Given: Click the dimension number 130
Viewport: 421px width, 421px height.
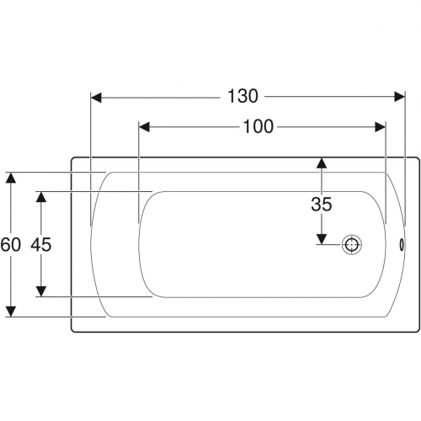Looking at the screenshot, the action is [242, 96].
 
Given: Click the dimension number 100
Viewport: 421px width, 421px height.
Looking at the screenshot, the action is [258, 126].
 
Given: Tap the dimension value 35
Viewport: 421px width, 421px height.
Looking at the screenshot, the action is [322, 204].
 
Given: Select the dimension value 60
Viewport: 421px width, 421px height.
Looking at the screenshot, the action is [10, 244].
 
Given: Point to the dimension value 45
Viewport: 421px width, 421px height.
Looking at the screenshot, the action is [41, 244].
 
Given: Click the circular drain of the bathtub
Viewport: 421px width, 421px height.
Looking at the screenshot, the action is [351, 245].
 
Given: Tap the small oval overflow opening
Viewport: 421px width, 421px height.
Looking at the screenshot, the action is [402, 244].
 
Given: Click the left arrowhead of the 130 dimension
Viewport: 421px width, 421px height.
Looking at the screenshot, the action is [96, 98].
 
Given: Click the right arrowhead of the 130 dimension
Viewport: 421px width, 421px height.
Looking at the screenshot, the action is [400, 97].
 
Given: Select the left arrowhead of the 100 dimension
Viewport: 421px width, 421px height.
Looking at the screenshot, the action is [144, 127].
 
